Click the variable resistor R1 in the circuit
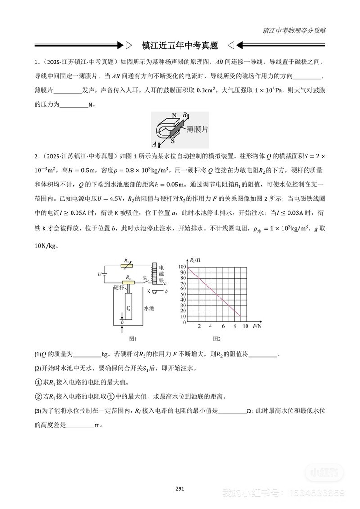pyautogui.click(x=128, y=266)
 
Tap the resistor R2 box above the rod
pyautogui.click(x=129, y=283)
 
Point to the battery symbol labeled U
pyautogui.click(x=104, y=274)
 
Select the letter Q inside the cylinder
pyautogui.click(x=129, y=308)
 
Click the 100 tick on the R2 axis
pyautogui.click(x=182, y=267)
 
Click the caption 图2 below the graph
pyautogui.click(x=217, y=338)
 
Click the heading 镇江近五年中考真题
pyautogui.click(x=180, y=45)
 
